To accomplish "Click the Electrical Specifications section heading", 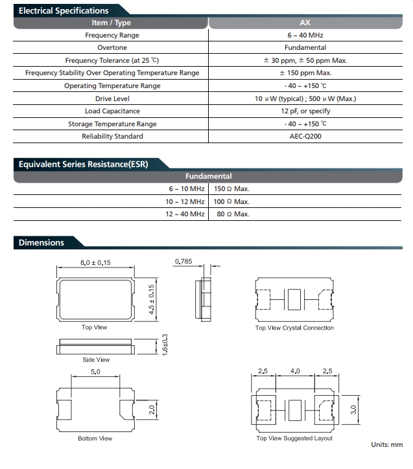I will point(64,10).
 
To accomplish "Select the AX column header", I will point(305,23).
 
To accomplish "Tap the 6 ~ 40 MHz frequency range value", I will point(305,35).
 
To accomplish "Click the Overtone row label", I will point(112,47).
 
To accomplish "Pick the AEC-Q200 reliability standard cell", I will point(305,136).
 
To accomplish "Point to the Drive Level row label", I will point(112,98).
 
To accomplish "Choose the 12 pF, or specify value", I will point(305,111).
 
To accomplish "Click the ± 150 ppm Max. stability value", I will point(305,73).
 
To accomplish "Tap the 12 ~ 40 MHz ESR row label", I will point(185,214).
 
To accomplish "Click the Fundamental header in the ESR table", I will point(208,176).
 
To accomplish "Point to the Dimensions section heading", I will point(41,243).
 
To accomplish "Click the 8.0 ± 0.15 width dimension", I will point(95,262).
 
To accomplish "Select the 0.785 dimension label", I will point(184,262).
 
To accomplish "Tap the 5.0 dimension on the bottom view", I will point(95,372).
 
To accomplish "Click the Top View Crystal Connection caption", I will point(294,328).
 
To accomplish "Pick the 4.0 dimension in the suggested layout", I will point(295,371).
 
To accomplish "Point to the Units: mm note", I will point(387,444).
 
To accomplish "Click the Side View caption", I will point(95,360).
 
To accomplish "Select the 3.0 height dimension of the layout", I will point(353,409).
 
